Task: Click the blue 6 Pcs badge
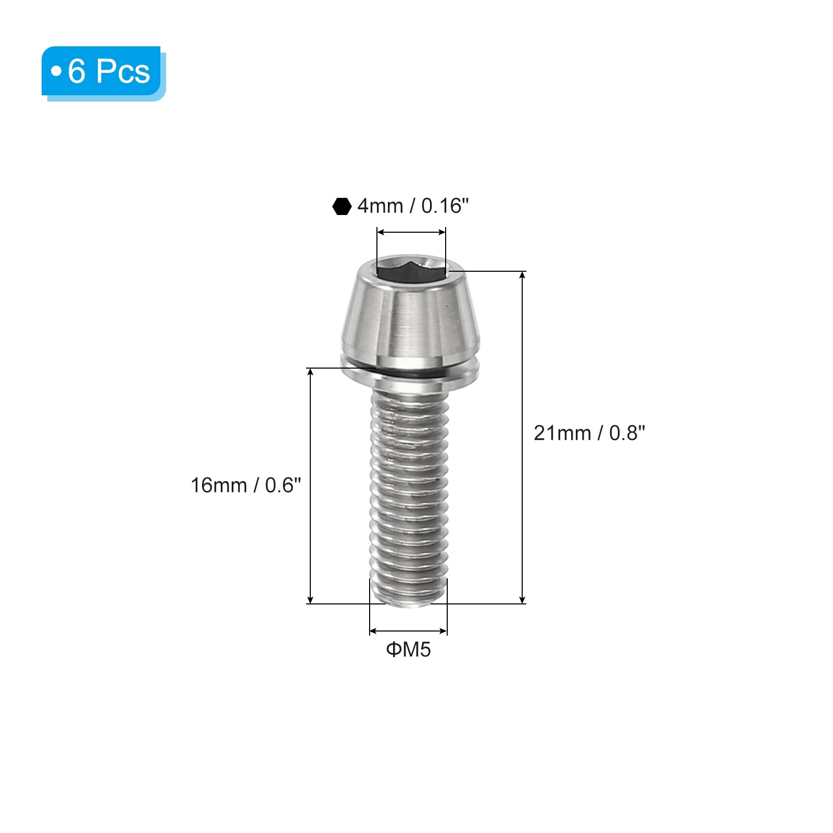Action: click(x=104, y=73)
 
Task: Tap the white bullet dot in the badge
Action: click(x=56, y=71)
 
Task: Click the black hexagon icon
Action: click(x=342, y=206)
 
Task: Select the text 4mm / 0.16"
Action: click(x=413, y=206)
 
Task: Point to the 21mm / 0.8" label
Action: click(x=589, y=433)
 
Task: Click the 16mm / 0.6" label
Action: click(x=246, y=485)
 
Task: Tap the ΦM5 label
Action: click(x=408, y=650)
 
